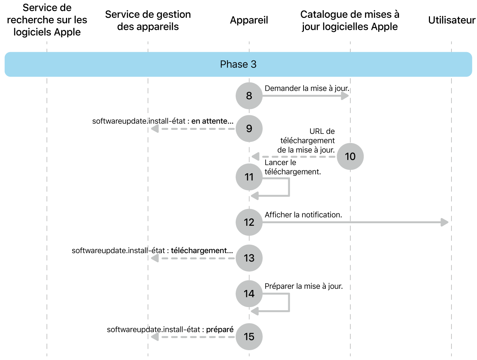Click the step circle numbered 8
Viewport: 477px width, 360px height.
[249, 96]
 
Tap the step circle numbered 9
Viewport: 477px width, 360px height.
[249, 128]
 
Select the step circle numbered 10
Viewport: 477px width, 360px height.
[350, 156]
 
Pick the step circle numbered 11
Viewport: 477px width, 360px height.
[249, 177]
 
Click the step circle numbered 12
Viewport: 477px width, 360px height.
[249, 222]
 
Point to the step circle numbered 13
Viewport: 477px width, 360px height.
[249, 258]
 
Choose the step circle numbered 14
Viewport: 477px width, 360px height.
[249, 294]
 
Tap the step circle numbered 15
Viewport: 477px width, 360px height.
[249, 336]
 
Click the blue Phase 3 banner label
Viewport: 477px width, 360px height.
[238, 64]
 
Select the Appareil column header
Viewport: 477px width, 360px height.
[249, 20]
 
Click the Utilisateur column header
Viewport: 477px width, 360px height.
[451, 20]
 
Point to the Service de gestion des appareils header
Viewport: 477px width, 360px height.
[148, 20]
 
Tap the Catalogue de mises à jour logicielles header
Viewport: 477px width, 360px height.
[350, 20]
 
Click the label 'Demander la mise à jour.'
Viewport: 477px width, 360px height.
[307, 88]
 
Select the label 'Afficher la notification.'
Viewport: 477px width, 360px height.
[303, 215]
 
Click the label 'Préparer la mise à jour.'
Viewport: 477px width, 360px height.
[304, 286]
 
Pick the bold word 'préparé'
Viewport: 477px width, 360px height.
[220, 329]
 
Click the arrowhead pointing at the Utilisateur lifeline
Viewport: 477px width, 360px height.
[445, 222]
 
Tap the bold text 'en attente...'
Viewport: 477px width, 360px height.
[212, 121]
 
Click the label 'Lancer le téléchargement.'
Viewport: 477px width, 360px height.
[293, 167]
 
